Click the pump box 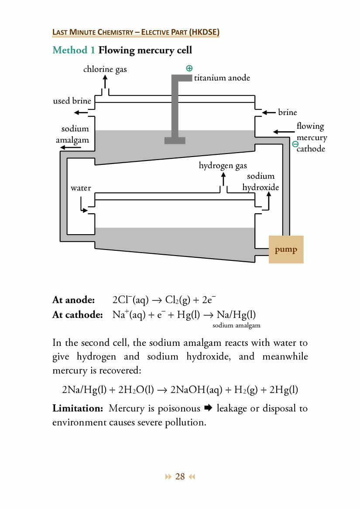point(286,249)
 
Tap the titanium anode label point(222,78)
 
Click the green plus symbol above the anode point(189,68)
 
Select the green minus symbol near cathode point(295,144)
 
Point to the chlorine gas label point(105,69)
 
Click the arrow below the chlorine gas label point(105,82)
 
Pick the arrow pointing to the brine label point(269,113)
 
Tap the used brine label point(72,101)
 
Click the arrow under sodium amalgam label point(71,147)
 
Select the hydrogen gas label point(223,166)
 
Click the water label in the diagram point(81,188)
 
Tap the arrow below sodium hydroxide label point(268,201)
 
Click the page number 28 point(180,476)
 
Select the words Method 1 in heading point(73,50)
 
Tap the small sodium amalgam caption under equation point(236,325)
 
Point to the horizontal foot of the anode point(175,140)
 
